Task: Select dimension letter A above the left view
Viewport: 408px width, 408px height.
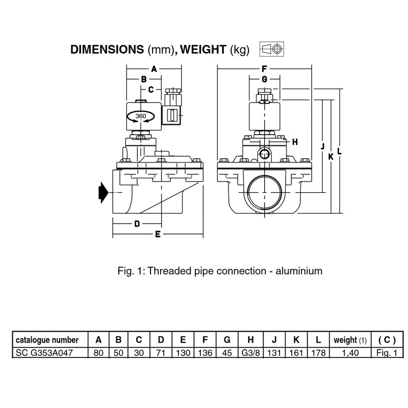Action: [x=153, y=68]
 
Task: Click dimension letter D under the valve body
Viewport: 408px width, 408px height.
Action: [x=137, y=224]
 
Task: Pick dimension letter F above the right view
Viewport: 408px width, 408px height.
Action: [x=264, y=68]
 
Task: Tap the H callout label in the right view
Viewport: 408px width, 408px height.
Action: [x=295, y=142]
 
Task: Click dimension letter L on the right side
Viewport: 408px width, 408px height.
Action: [x=339, y=152]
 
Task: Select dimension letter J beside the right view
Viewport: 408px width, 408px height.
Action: [x=322, y=146]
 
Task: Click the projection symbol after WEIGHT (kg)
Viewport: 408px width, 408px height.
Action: [x=272, y=49]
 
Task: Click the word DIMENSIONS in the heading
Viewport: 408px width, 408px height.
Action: [x=107, y=50]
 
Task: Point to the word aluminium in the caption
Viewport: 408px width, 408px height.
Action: [x=298, y=271]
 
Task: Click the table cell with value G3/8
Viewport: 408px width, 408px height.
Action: [x=250, y=352]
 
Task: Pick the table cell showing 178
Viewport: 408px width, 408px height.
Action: [x=318, y=352]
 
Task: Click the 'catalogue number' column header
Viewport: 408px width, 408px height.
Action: [x=47, y=340]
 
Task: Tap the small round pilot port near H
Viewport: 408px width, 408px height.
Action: [x=264, y=154]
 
